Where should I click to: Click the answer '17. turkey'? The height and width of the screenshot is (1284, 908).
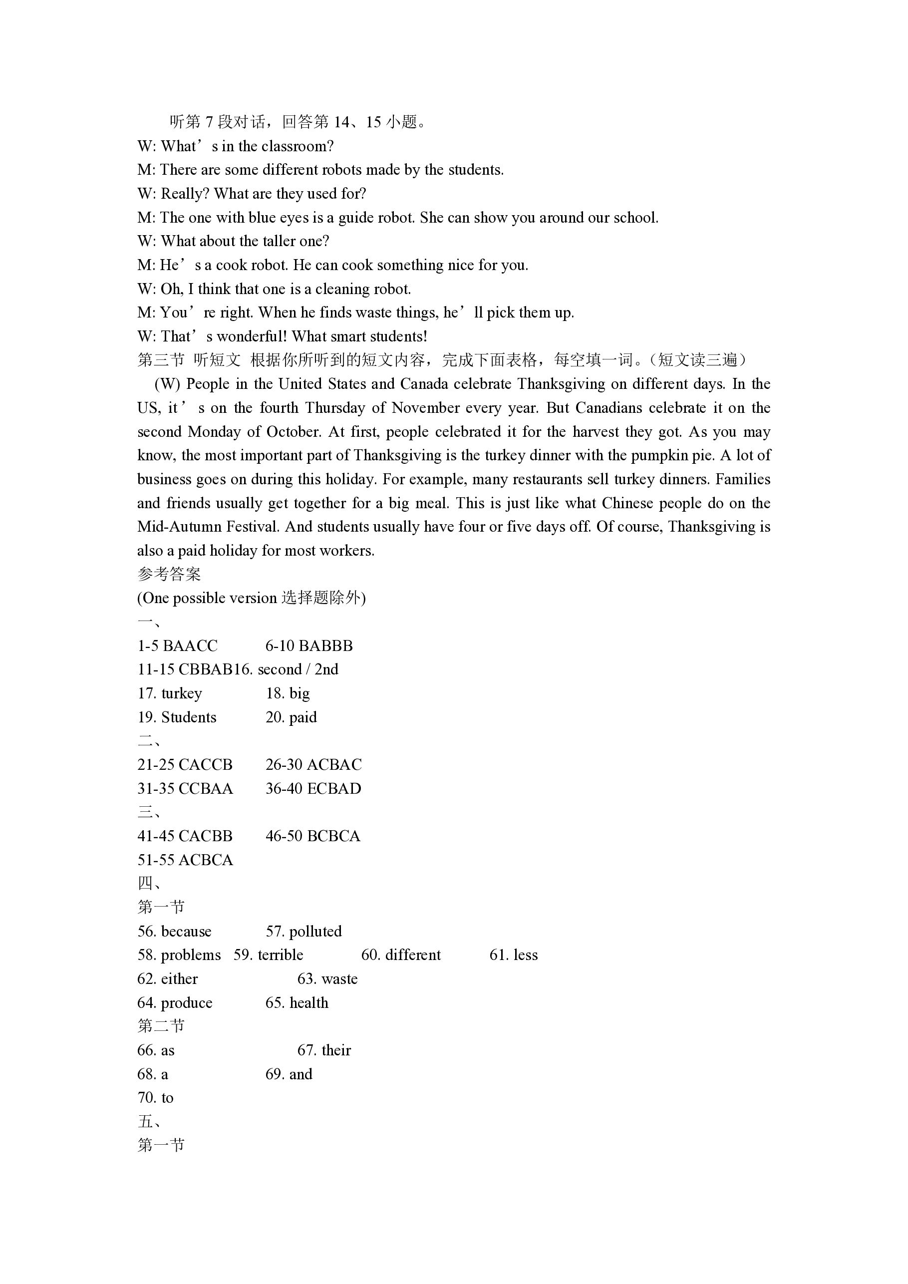click(170, 694)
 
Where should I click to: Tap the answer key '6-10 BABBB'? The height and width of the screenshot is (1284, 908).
click(309, 646)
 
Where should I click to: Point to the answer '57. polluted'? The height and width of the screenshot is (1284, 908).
click(303, 932)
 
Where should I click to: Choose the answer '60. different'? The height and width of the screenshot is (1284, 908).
click(401, 955)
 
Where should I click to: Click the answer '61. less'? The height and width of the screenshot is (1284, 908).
click(513, 955)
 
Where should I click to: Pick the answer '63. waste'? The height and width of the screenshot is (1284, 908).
click(327, 979)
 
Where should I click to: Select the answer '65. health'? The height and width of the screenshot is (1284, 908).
click(297, 1003)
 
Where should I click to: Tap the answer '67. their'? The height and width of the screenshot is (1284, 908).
click(324, 1050)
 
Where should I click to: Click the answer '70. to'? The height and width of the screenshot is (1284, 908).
click(155, 1098)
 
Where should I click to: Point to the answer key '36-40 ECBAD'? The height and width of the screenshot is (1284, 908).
click(313, 788)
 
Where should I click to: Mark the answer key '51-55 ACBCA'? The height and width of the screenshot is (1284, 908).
click(185, 860)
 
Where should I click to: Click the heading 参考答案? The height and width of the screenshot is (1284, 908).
click(169, 574)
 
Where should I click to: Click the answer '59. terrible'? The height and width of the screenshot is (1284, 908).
click(269, 955)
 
